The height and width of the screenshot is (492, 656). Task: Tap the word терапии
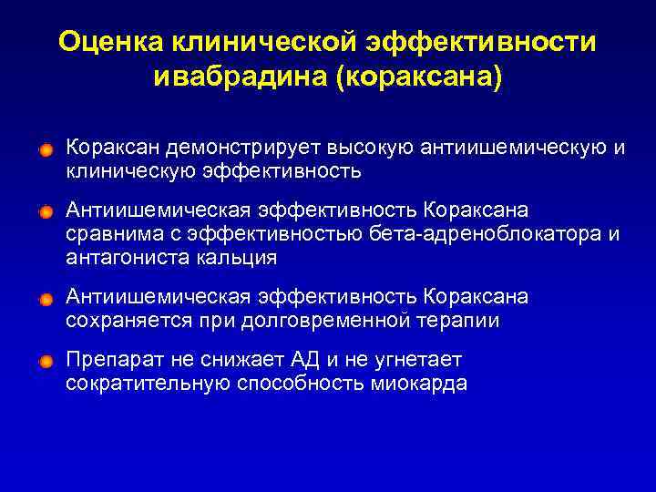[x=457, y=321]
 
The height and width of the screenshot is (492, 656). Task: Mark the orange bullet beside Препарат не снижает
[x=46, y=361]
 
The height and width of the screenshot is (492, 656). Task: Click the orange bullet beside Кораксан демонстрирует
[x=46, y=149]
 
